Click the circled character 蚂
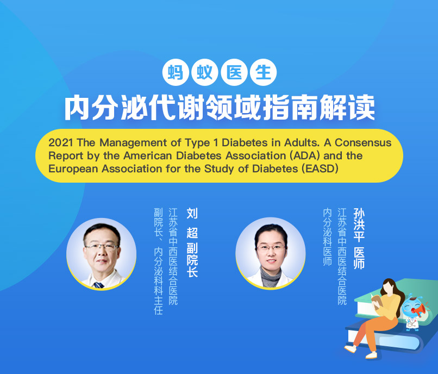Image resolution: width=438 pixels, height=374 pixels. pyautogui.click(x=176, y=72)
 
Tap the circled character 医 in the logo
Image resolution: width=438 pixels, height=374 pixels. pyautogui.click(x=234, y=72)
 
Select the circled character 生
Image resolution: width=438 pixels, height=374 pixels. pyautogui.click(x=263, y=72)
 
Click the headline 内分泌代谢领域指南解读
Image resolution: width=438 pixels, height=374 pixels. pyautogui.click(x=220, y=108)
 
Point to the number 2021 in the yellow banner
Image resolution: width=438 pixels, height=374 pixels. pyautogui.click(x=61, y=142)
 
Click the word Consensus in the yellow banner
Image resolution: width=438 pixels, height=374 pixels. pyautogui.click(x=363, y=142)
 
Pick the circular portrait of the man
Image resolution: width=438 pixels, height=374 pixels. pyautogui.click(x=102, y=253)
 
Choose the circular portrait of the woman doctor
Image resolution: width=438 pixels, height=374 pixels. pyautogui.click(x=271, y=253)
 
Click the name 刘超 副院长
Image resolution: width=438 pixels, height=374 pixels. pyautogui.click(x=192, y=242)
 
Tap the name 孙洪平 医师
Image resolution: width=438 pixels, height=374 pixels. pyautogui.click(x=359, y=239)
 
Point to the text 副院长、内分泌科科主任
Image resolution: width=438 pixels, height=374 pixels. pyautogui.click(x=158, y=261)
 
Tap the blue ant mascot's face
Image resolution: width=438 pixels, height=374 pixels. pyautogui.click(x=409, y=307)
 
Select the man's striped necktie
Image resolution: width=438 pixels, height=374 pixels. pyautogui.click(x=98, y=285)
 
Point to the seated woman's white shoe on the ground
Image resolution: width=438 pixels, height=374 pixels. pyautogui.click(x=350, y=348)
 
